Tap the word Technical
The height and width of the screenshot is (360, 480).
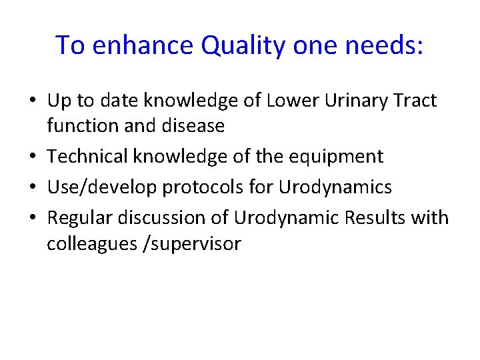click(88, 157)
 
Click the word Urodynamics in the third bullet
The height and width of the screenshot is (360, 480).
click(335, 188)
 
